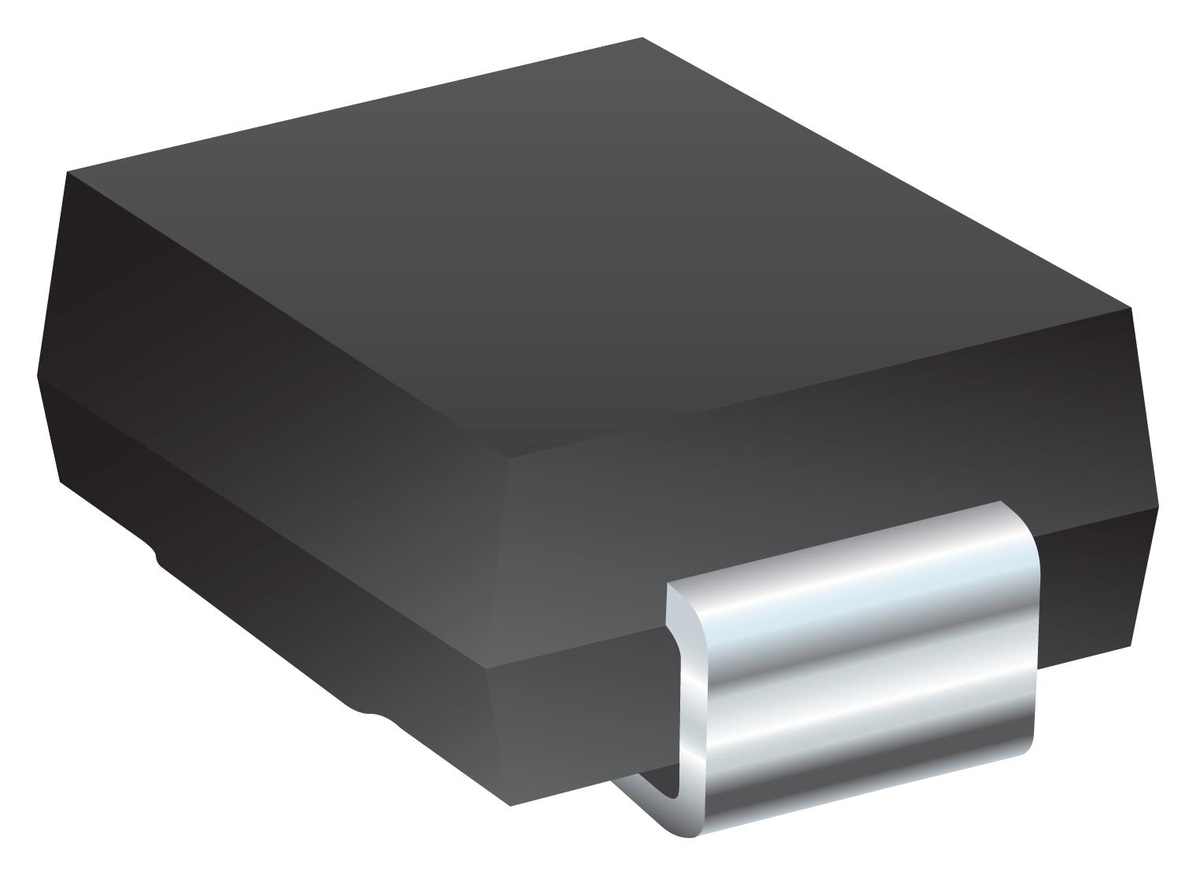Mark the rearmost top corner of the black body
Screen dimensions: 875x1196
pos(642,38)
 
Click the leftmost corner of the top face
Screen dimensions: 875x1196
pos(68,172)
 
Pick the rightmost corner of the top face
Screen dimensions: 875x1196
pos(1131,307)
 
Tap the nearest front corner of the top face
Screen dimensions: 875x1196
pos(509,458)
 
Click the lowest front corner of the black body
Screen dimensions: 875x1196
pos(511,805)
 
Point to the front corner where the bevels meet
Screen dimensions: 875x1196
pos(487,669)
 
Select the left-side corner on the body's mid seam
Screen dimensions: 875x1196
pos(38,375)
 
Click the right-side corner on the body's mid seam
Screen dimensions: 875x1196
pos(1158,506)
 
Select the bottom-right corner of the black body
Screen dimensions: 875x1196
pos(1131,645)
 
